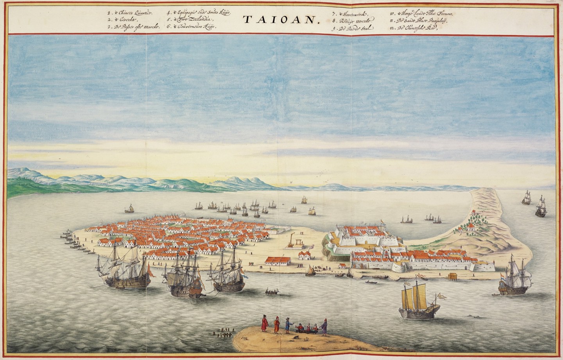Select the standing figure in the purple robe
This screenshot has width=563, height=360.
pyautogui.click(x=324, y=326)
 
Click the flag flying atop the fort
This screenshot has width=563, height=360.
pyautogui.click(x=383, y=223)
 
